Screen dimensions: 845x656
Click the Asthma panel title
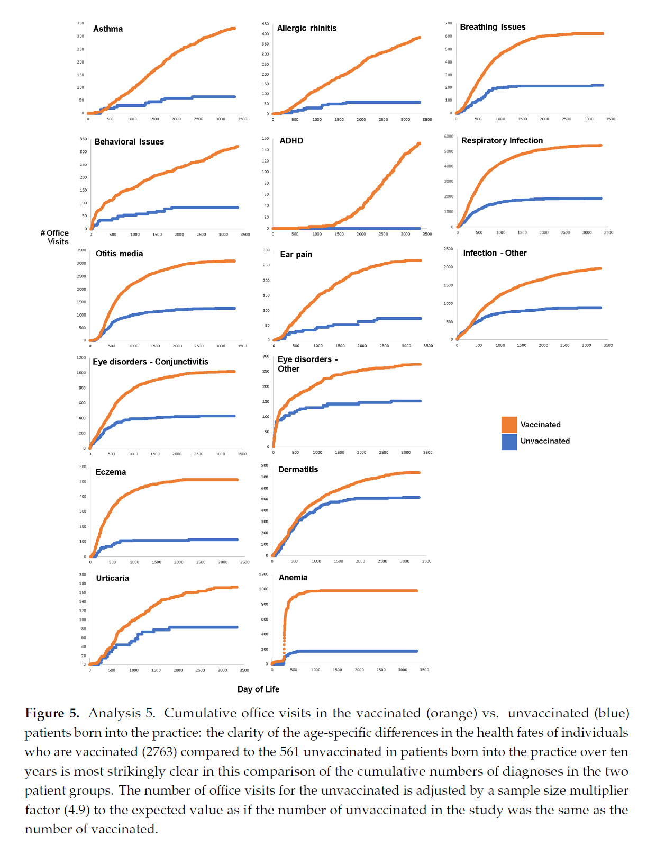click(x=108, y=29)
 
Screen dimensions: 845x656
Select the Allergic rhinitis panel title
click(x=307, y=29)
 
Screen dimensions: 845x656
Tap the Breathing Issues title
click(x=493, y=27)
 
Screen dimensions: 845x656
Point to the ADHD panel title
click(x=291, y=141)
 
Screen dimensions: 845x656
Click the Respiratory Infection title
click(x=502, y=141)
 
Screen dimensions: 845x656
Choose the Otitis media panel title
click(x=119, y=254)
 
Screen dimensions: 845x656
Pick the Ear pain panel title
click(x=296, y=255)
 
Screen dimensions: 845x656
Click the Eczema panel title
click(x=111, y=472)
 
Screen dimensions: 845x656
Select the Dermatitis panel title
click(x=298, y=470)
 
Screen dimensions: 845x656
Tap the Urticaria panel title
click(x=112, y=578)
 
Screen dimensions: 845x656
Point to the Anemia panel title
click(x=293, y=578)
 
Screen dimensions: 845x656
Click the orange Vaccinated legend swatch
click(x=509, y=425)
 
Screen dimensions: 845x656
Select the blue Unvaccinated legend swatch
click(x=509, y=442)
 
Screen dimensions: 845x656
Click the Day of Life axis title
click(x=258, y=689)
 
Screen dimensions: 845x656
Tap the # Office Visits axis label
click(x=55, y=237)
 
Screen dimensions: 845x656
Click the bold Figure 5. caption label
click(x=52, y=714)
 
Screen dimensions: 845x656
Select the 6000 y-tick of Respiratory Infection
click(x=449, y=137)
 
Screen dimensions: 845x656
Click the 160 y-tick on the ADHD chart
click(x=265, y=139)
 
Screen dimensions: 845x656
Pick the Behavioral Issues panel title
click(x=129, y=142)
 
